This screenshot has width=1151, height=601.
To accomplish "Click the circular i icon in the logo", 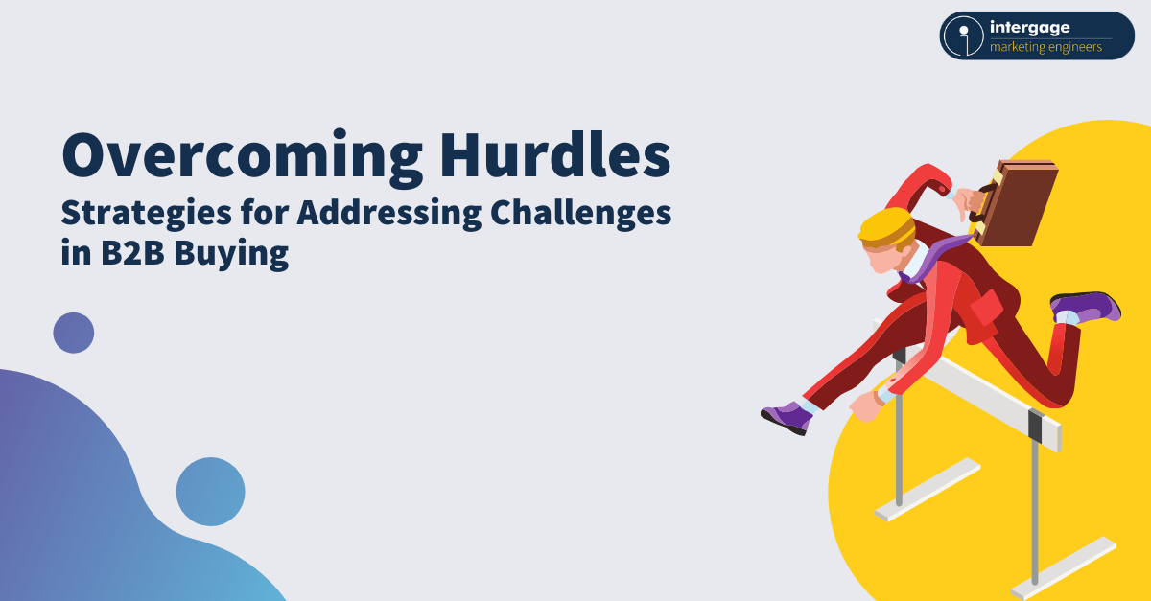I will point(962,36).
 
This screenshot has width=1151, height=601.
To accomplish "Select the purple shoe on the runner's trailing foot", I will point(1086,307).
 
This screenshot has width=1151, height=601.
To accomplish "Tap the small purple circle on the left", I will point(74,333).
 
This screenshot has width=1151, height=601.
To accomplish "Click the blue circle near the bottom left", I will point(210,491).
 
